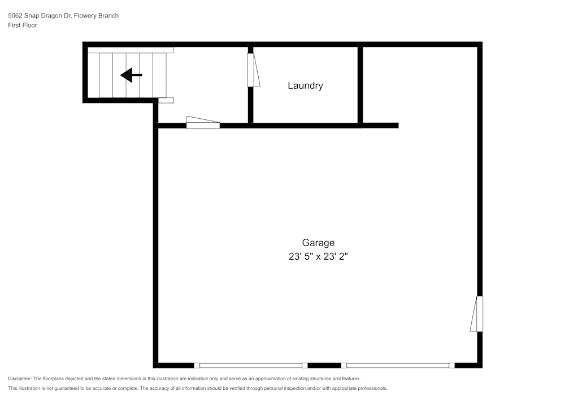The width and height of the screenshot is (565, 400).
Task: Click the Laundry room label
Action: coord(305,86)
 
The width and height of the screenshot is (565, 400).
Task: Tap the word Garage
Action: coord(318,243)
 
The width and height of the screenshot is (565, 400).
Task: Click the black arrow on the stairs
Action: coord(131,75)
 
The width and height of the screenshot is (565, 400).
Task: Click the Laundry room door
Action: coord(253,70)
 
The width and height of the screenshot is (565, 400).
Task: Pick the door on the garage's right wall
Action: coord(476,314)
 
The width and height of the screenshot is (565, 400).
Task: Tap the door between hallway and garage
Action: coord(203,122)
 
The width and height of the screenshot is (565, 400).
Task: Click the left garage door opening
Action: coord(250,365)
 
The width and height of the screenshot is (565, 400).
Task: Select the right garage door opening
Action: coord(398,365)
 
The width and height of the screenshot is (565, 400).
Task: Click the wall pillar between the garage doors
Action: coord(324,365)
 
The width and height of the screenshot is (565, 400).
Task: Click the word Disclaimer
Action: coord(19,379)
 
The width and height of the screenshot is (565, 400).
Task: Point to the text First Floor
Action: coord(23,25)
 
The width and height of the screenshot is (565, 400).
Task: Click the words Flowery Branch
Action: coord(96,15)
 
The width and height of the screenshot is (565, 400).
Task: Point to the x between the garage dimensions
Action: coord(318,257)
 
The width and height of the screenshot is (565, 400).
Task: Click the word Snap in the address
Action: coord(31,16)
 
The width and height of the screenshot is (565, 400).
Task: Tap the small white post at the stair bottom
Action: coord(166,100)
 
